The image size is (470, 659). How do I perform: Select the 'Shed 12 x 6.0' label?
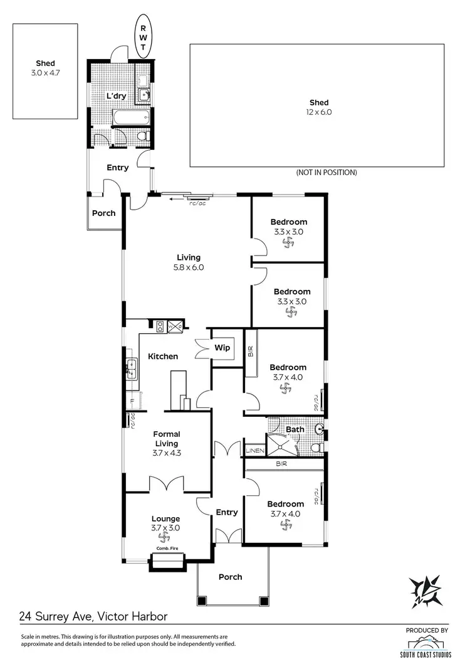(318, 107)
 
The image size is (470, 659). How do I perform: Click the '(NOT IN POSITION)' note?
(326, 172)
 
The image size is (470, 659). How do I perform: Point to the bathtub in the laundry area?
(130, 117)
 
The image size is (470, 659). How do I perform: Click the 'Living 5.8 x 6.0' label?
(189, 262)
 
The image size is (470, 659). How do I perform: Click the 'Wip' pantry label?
(222, 348)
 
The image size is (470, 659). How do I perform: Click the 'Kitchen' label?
(163, 356)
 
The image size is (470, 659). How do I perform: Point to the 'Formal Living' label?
(166, 439)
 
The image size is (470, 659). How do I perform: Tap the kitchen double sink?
(132, 368)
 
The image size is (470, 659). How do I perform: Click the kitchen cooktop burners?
(160, 326)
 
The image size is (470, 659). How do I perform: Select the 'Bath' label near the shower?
(295, 430)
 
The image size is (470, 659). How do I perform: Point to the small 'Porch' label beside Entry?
(103, 213)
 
